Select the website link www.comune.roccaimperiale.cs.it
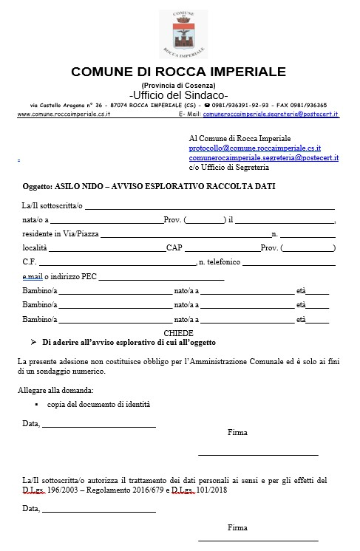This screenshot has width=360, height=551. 64,114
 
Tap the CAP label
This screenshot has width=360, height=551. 174,247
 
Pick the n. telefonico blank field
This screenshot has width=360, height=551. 288,262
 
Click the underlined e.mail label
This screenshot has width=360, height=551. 33,276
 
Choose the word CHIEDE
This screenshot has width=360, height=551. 178,334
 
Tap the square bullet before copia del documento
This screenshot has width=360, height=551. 36,405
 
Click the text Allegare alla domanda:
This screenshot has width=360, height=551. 55,390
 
